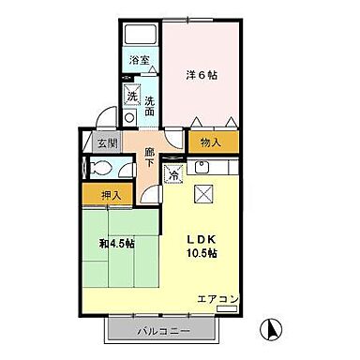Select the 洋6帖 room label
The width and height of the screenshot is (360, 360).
click(x=202, y=75)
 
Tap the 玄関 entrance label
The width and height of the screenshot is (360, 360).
click(x=107, y=143)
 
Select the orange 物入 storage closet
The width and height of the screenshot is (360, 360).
click(x=212, y=142)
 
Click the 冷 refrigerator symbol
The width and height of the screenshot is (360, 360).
click(x=174, y=173)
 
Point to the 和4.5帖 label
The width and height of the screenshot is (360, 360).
click(x=118, y=244)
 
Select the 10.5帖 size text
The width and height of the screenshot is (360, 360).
click(x=201, y=253)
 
